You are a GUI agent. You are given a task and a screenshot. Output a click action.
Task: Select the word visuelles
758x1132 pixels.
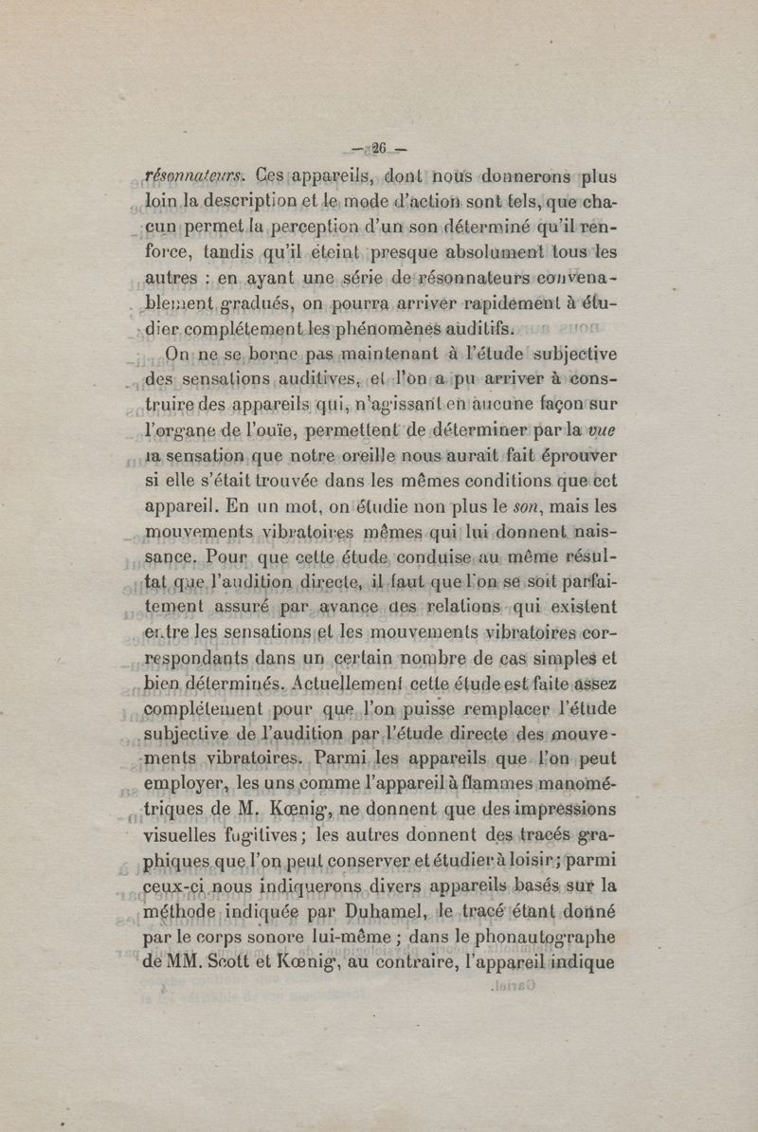click(x=189, y=838)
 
